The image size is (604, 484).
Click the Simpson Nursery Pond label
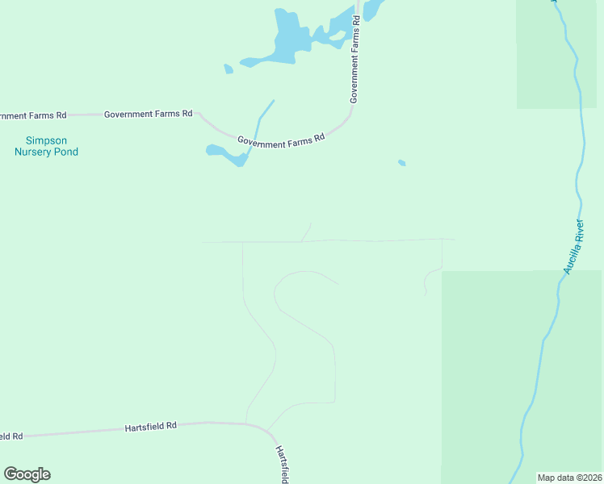pos(46,145)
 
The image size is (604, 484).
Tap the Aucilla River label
pos(573,246)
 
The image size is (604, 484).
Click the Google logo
pos(27,474)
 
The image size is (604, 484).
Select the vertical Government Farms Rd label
pos(354,66)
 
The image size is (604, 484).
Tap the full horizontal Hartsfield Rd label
pos(150,426)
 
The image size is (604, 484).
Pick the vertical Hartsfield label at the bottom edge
pos(281,464)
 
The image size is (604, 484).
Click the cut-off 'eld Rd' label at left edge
pos(10,436)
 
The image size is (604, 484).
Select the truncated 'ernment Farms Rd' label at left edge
pos(32,115)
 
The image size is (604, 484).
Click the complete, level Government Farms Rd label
pos(148,115)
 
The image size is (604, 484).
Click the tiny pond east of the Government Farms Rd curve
pos(401,163)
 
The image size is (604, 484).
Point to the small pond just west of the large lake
pos(229,69)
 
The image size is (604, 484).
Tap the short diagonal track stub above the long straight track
pos(306,232)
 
